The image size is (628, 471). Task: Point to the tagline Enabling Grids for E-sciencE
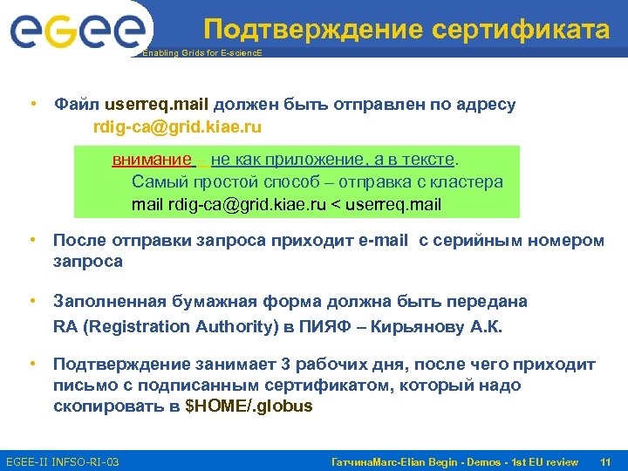201,53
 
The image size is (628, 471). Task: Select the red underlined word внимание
152,160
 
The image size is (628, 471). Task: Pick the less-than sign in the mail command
335,205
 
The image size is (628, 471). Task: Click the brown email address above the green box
177,126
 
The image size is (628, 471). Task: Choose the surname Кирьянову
457,326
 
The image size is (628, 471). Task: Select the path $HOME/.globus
250,406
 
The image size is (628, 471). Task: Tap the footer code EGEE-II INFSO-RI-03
62,461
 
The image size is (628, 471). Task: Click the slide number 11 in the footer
605,461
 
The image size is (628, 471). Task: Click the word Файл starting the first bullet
77,105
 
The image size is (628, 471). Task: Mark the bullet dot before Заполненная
31,301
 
